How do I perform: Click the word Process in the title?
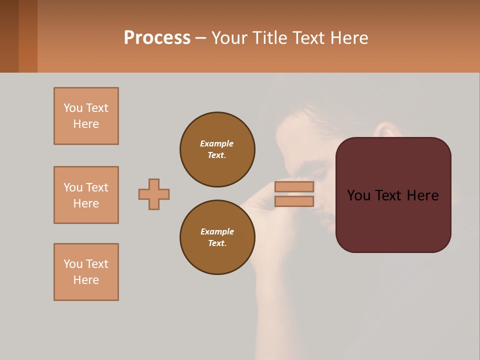pos(157,38)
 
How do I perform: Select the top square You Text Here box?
pos(86,116)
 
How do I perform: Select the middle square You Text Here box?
pos(86,195)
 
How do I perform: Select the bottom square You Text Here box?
pos(86,272)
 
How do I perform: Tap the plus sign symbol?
pos(154,194)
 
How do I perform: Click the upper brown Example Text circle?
pos(217,149)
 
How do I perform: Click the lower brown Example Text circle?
pos(217,237)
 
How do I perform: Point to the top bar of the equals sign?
pos(294,187)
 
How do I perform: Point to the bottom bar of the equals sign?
pos(294,201)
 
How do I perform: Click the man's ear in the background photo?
pos(388,129)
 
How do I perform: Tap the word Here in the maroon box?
pos(422,195)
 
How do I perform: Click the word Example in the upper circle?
pos(217,143)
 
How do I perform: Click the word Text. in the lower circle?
pos(217,243)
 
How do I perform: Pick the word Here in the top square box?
pos(86,124)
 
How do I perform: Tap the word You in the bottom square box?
pos(73,264)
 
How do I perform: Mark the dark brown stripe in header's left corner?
pos(9,36)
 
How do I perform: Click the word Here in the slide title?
pos(348,38)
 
